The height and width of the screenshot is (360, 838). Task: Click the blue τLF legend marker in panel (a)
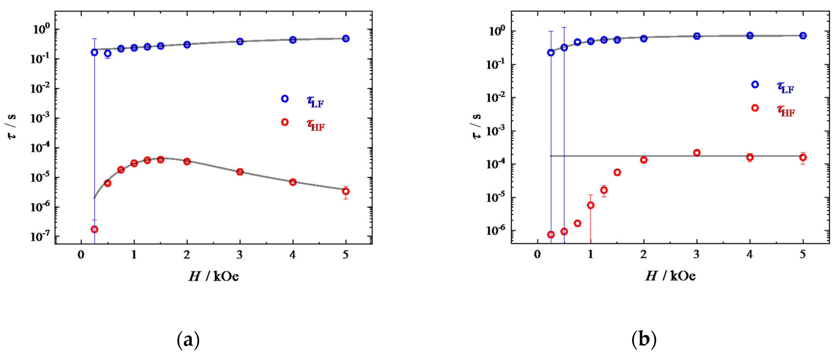click(x=285, y=98)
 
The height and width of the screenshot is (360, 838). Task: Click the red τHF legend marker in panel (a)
click(x=285, y=122)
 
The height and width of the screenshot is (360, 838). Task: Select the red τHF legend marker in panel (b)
click(x=755, y=108)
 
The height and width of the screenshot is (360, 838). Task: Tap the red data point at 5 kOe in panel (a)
click(x=346, y=191)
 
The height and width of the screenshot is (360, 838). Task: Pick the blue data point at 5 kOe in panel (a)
click(x=346, y=38)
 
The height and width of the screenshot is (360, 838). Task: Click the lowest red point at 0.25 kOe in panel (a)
click(x=94, y=229)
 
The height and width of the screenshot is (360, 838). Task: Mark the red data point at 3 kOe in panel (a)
click(x=240, y=172)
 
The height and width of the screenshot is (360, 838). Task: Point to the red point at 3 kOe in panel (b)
click(x=696, y=152)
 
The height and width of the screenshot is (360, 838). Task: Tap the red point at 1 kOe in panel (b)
click(x=590, y=205)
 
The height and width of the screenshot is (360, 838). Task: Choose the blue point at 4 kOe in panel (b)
click(x=749, y=35)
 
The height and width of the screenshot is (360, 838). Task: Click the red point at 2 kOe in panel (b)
click(x=644, y=160)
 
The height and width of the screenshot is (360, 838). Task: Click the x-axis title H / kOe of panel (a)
click(x=214, y=276)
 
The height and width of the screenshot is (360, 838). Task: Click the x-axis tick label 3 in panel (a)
click(x=240, y=255)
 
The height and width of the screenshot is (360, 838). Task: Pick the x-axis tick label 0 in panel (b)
click(x=537, y=254)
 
